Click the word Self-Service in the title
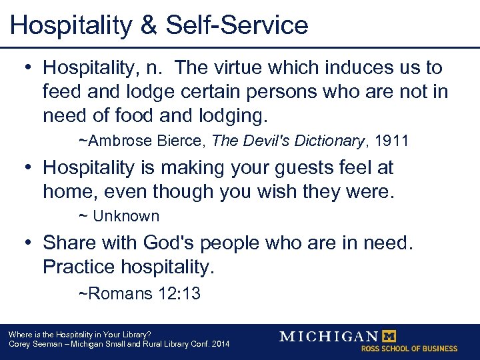[237, 25]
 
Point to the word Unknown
[126, 216]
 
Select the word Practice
[79, 267]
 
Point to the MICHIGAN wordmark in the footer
[329, 336]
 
